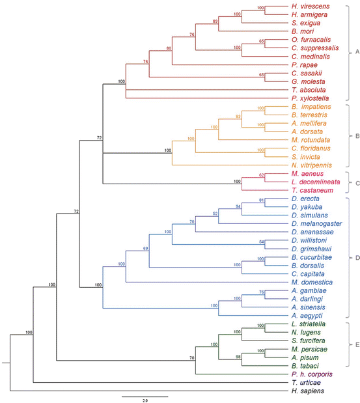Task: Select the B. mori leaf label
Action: coord(300,31)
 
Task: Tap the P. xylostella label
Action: coord(307,96)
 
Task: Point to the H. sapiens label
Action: coord(305,391)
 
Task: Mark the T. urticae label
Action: coord(303,383)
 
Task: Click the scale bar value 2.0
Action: coord(145,400)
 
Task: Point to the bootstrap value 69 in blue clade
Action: coord(145,248)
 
